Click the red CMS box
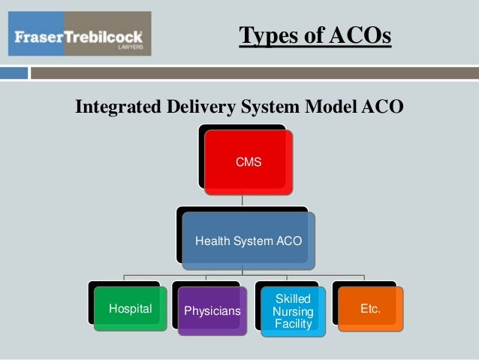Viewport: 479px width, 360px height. coord(249,161)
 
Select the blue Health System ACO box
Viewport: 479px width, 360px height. coord(249,241)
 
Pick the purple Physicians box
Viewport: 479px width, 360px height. coord(212,310)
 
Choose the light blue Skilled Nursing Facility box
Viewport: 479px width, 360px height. coord(293,311)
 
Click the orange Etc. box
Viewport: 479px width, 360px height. coord(370,309)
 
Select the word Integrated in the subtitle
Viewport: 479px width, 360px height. coord(117,108)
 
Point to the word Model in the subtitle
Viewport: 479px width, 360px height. coord(329,108)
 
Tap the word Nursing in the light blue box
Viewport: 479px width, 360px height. coord(293,311)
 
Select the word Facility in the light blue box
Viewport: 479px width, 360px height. coord(293,323)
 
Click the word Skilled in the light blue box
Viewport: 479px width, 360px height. coord(293,299)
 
